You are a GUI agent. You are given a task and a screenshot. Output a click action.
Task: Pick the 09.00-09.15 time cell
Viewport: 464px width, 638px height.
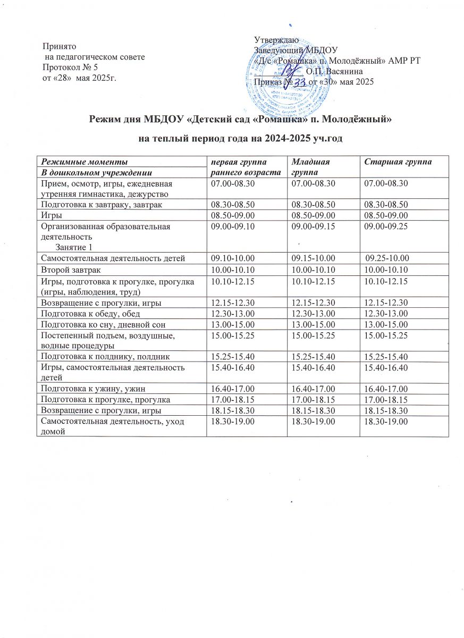(x=309, y=226)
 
